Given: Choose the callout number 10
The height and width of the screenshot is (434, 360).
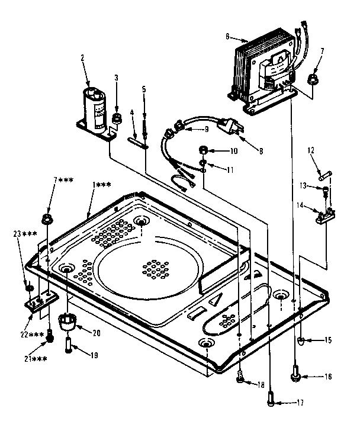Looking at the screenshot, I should (x=234, y=151).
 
